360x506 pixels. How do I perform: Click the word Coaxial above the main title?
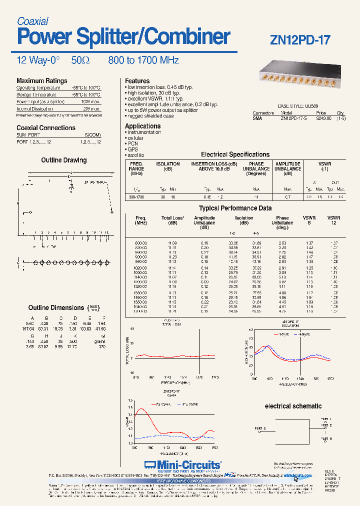(x=32, y=21)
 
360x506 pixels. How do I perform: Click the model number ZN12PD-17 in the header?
(x=300, y=39)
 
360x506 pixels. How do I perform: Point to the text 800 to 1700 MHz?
(x=143, y=60)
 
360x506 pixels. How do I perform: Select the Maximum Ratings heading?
(x=41, y=81)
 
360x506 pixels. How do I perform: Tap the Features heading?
(x=137, y=81)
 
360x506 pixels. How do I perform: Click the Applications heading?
(x=142, y=126)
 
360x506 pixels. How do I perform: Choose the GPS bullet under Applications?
(x=133, y=149)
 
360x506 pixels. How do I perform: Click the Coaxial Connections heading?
(x=46, y=128)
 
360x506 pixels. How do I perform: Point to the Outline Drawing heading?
(x=63, y=160)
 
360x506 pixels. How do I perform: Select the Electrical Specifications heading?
(x=235, y=154)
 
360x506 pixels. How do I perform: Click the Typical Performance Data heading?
(x=235, y=208)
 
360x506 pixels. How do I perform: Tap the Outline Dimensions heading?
(x=56, y=308)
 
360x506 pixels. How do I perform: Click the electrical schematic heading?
(x=293, y=406)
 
